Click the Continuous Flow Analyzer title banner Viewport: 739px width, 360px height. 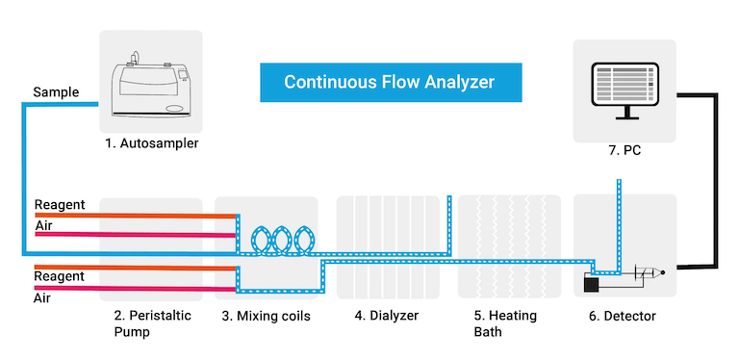click(389, 83)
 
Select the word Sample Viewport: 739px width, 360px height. click(56, 92)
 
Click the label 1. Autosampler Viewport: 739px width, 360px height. click(151, 144)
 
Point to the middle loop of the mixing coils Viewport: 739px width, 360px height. click(283, 240)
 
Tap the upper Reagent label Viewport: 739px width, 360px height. click(60, 204)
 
